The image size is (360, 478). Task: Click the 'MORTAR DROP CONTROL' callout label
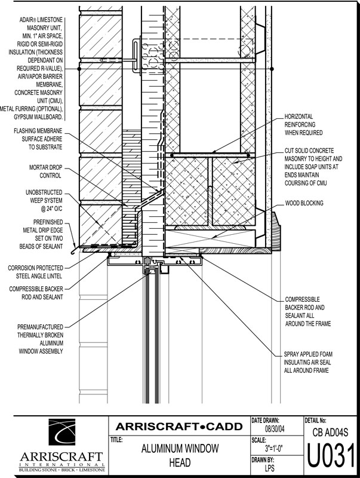45,171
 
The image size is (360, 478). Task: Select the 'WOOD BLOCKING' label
304,203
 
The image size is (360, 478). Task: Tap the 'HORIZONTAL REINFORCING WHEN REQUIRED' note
303,125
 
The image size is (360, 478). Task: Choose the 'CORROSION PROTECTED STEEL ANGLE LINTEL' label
35,272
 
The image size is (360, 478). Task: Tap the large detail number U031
331,455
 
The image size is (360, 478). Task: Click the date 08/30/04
275,429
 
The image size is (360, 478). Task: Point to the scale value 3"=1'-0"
274,449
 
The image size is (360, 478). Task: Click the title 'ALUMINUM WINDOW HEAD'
180,455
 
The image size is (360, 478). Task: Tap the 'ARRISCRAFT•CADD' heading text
179,426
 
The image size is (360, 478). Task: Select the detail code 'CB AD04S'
330,432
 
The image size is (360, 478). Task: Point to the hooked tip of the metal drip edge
72,252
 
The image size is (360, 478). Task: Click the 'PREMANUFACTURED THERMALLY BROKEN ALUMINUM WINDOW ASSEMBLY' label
40,339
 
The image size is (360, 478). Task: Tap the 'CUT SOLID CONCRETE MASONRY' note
313,167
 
